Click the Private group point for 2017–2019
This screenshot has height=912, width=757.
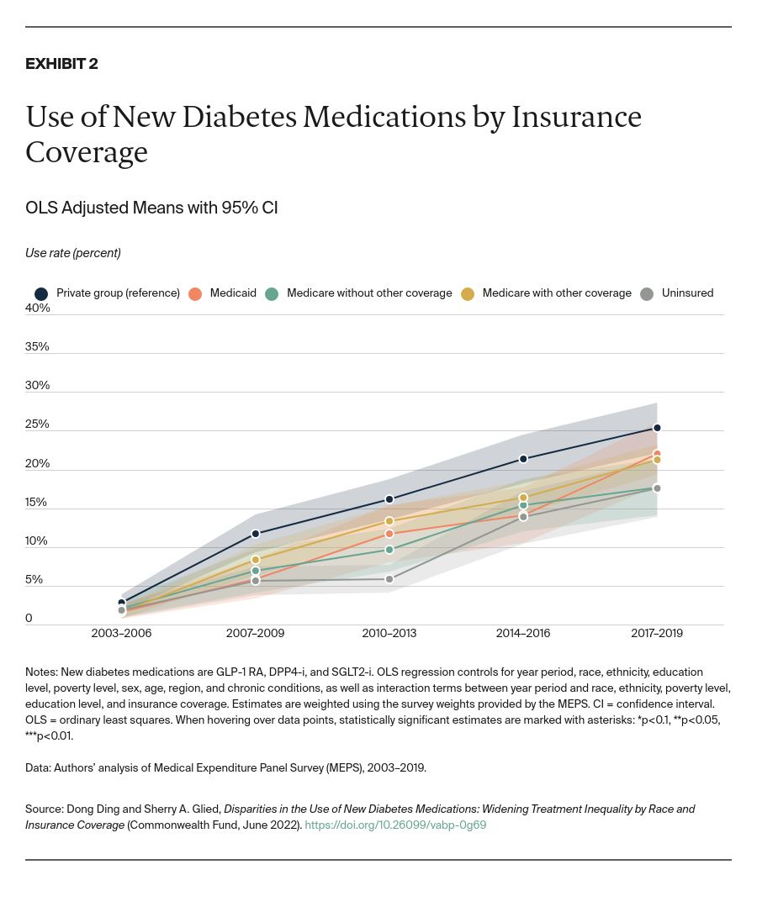click(x=657, y=428)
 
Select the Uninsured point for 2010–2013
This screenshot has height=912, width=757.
click(x=389, y=579)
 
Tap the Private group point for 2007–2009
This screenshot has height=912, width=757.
click(x=256, y=534)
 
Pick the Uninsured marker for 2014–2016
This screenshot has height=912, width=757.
click(x=523, y=517)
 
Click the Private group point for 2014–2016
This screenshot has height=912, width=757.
click(x=523, y=459)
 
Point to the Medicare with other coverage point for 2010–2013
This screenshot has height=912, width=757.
click(x=389, y=521)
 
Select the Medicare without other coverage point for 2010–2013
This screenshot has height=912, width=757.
click(x=389, y=550)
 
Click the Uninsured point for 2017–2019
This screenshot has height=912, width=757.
click(x=657, y=488)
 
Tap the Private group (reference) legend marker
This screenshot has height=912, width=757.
click(x=40, y=293)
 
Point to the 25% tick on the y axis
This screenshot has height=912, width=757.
click(x=38, y=424)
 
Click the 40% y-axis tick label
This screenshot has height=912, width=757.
click(x=38, y=308)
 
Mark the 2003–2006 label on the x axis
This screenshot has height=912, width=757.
click(x=122, y=633)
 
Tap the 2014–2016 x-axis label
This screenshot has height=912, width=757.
click(x=523, y=633)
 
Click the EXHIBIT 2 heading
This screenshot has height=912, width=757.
click(x=61, y=64)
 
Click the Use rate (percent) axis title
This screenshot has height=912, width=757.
click(x=73, y=252)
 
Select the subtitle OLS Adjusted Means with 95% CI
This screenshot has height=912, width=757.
click(x=151, y=208)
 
